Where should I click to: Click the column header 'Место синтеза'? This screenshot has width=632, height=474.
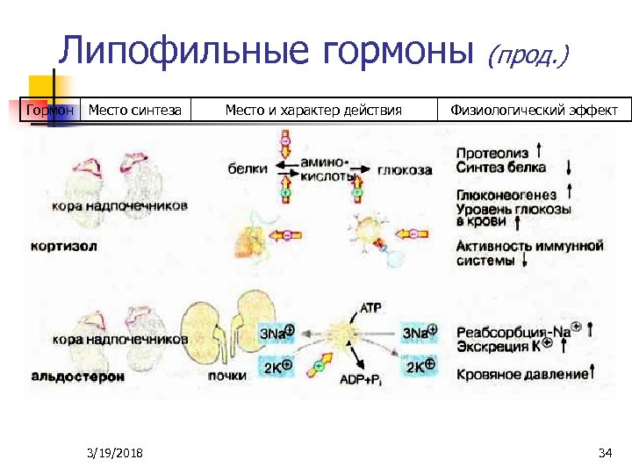(135, 110)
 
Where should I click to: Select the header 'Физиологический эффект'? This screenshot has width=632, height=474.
(534, 110)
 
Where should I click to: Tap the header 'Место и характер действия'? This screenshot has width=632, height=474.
(313, 110)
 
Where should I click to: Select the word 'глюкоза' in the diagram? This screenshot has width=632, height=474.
(405, 170)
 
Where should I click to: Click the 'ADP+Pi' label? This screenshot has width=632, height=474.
(359, 379)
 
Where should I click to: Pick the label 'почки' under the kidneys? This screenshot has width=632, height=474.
(226, 376)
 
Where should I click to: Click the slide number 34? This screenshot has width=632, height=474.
(604, 453)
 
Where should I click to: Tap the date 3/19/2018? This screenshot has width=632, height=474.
(116, 453)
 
